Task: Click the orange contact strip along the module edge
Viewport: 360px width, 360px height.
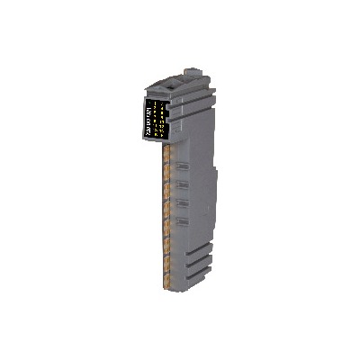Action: pyautogui.click(x=166, y=211)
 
